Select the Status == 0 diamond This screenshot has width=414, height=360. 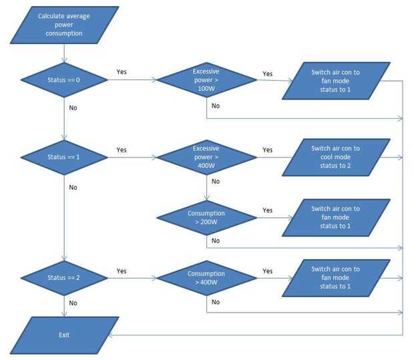[x=64, y=80]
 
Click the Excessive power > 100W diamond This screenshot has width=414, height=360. [x=206, y=80]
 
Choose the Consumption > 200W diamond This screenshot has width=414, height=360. [x=206, y=218]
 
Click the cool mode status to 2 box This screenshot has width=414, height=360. [x=335, y=157]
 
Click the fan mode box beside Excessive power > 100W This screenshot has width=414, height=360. [x=335, y=80]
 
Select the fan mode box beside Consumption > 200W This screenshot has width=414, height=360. [x=335, y=217]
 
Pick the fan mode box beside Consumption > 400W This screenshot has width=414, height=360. [x=335, y=278]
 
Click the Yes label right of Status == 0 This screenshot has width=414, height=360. [x=122, y=71]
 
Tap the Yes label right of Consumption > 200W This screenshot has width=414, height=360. [x=268, y=210]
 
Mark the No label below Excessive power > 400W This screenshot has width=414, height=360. [x=216, y=181]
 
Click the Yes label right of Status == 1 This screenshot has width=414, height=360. [x=122, y=150]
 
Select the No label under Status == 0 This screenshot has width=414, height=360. [x=73, y=106]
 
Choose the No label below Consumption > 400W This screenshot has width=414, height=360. [x=216, y=301]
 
